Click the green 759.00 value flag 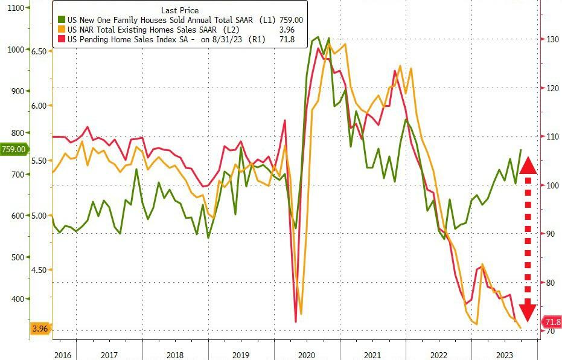pyautogui.click(x=13, y=149)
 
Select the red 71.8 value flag pyautogui.click(x=552, y=322)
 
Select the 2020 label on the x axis pyautogui.click(x=307, y=355)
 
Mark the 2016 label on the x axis pyautogui.click(x=62, y=355)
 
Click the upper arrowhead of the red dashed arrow pyautogui.click(x=528, y=166)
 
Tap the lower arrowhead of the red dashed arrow pyautogui.click(x=528, y=312)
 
